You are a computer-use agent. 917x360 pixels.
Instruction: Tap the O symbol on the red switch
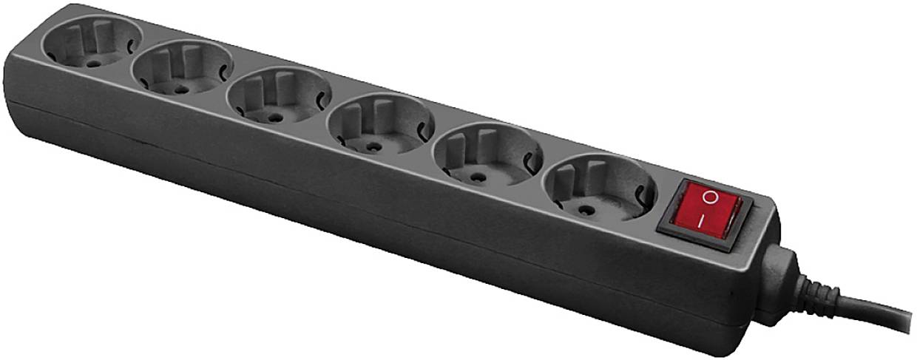tap(709, 197)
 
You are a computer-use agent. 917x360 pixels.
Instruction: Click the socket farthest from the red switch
tap(92, 43)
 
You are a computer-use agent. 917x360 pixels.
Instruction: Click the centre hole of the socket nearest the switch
tap(586, 209)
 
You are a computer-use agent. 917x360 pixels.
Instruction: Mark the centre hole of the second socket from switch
tap(476, 177)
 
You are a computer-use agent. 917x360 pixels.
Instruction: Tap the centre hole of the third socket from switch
tap(374, 147)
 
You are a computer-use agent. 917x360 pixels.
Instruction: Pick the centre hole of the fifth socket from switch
tap(179, 89)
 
